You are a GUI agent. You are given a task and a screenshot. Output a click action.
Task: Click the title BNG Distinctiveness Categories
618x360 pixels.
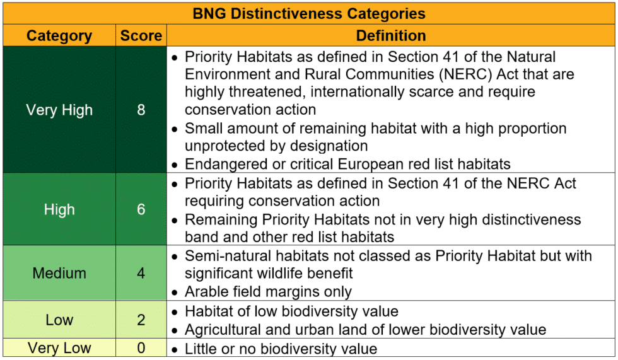[309, 13]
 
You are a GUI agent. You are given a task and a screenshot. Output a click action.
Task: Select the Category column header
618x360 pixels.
[59, 36]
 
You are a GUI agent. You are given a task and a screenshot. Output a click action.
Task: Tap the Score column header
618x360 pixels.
[141, 36]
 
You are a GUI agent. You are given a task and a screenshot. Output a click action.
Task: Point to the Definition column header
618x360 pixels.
[391, 36]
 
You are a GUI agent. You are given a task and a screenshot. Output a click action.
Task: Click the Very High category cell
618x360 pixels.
[59, 110]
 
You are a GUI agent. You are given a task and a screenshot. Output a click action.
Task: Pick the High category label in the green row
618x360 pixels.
[59, 210]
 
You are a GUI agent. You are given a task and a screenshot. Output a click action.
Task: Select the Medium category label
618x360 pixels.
[59, 274]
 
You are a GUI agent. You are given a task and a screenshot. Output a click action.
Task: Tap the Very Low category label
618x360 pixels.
[59, 348]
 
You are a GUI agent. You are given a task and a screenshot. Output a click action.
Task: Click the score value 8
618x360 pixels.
[141, 110]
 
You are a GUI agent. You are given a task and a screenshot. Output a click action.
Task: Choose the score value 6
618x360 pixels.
[141, 210]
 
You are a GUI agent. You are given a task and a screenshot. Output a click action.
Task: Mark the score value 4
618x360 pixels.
[141, 274]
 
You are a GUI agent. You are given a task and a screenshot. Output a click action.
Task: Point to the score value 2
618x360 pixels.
[141, 320]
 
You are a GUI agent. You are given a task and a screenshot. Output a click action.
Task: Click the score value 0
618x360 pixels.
[141, 348]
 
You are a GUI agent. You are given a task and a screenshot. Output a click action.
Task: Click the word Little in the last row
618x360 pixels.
[200, 349]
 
